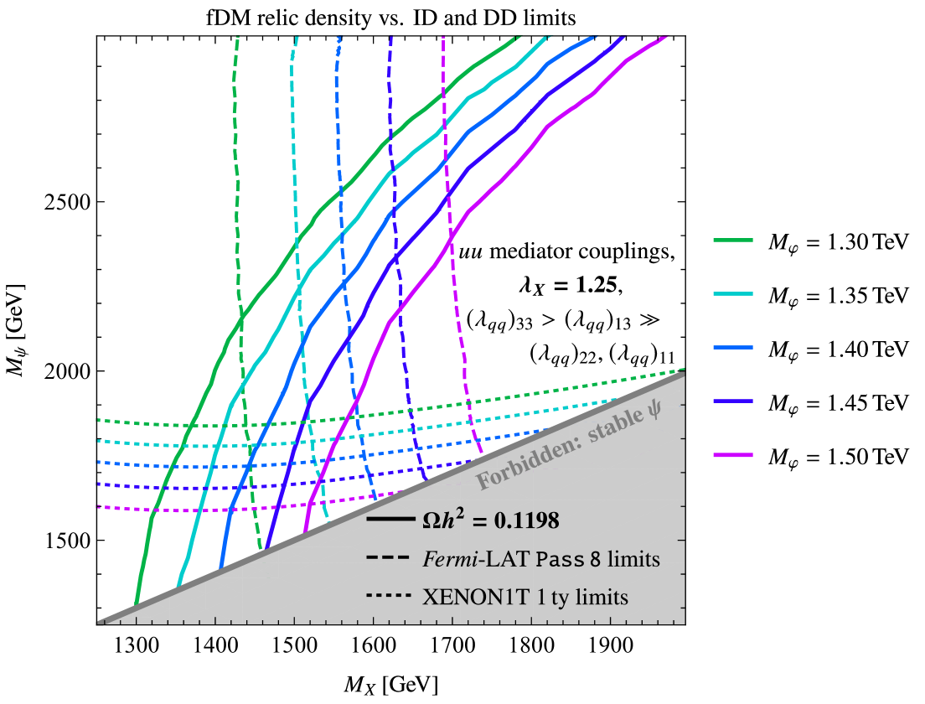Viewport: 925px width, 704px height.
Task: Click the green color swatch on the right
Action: coord(733,241)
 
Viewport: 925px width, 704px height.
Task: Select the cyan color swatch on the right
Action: coord(733,294)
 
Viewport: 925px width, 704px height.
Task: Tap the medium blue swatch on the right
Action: coord(733,348)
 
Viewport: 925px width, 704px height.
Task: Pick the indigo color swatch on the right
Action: coord(733,401)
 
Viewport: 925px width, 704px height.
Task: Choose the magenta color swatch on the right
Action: coord(733,455)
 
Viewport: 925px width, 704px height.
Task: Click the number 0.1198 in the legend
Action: coord(526,521)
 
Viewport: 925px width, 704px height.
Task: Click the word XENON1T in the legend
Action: coord(460,597)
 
